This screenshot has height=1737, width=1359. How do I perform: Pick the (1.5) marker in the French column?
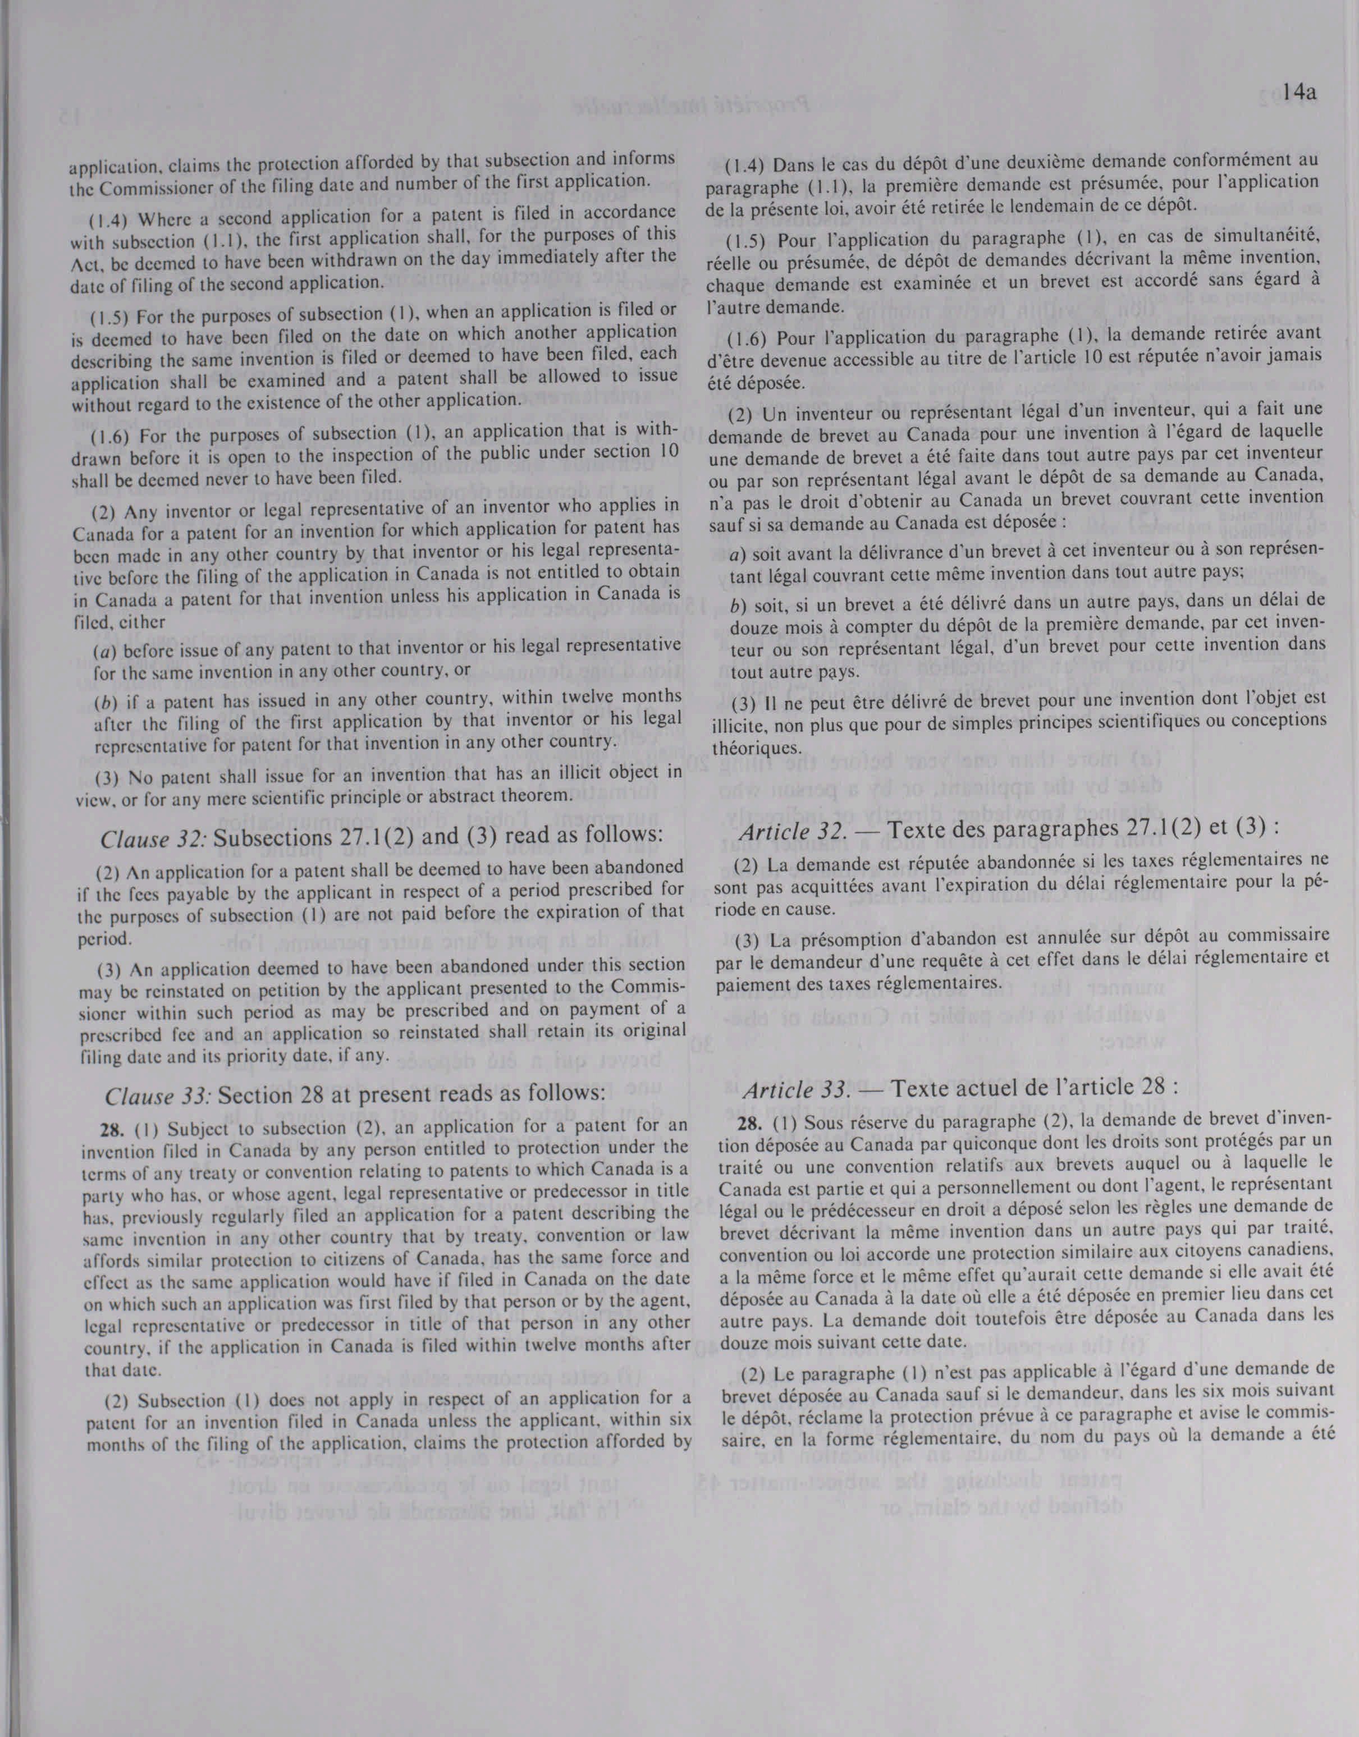pyautogui.click(x=745, y=240)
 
